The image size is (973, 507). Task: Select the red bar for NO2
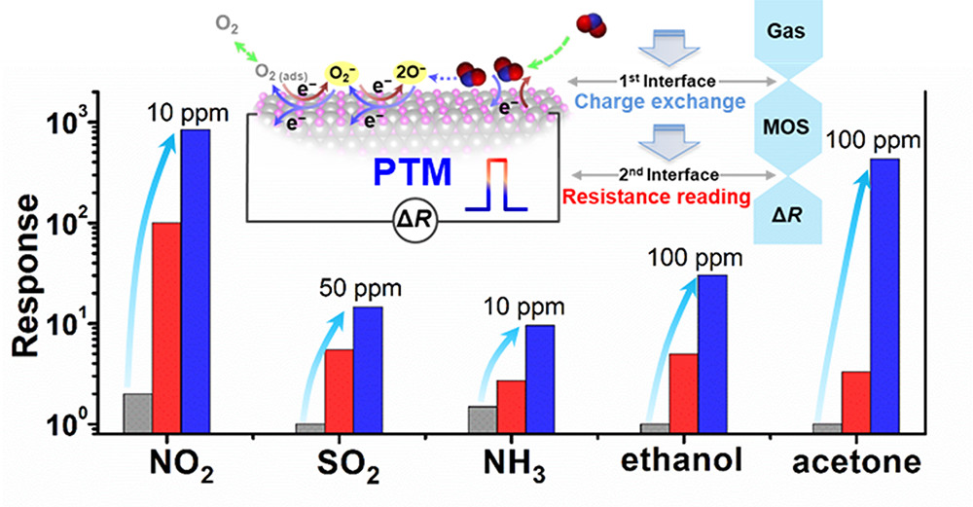pos(166,326)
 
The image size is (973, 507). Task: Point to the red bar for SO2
pos(339,389)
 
